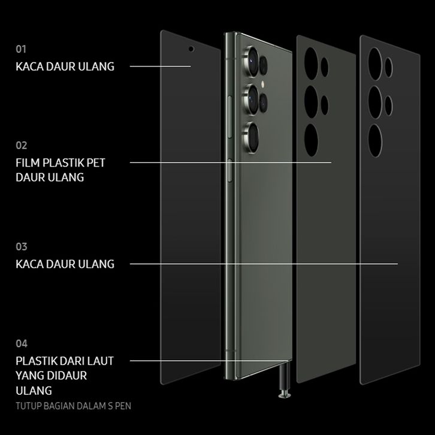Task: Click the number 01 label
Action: click(x=21, y=49)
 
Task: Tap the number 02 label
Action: click(x=22, y=145)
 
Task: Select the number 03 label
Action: click(x=22, y=247)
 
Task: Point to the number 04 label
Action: click(x=22, y=344)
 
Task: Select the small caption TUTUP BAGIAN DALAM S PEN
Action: click(x=74, y=406)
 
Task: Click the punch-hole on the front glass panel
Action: click(x=191, y=49)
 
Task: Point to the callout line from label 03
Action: click(x=264, y=264)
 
